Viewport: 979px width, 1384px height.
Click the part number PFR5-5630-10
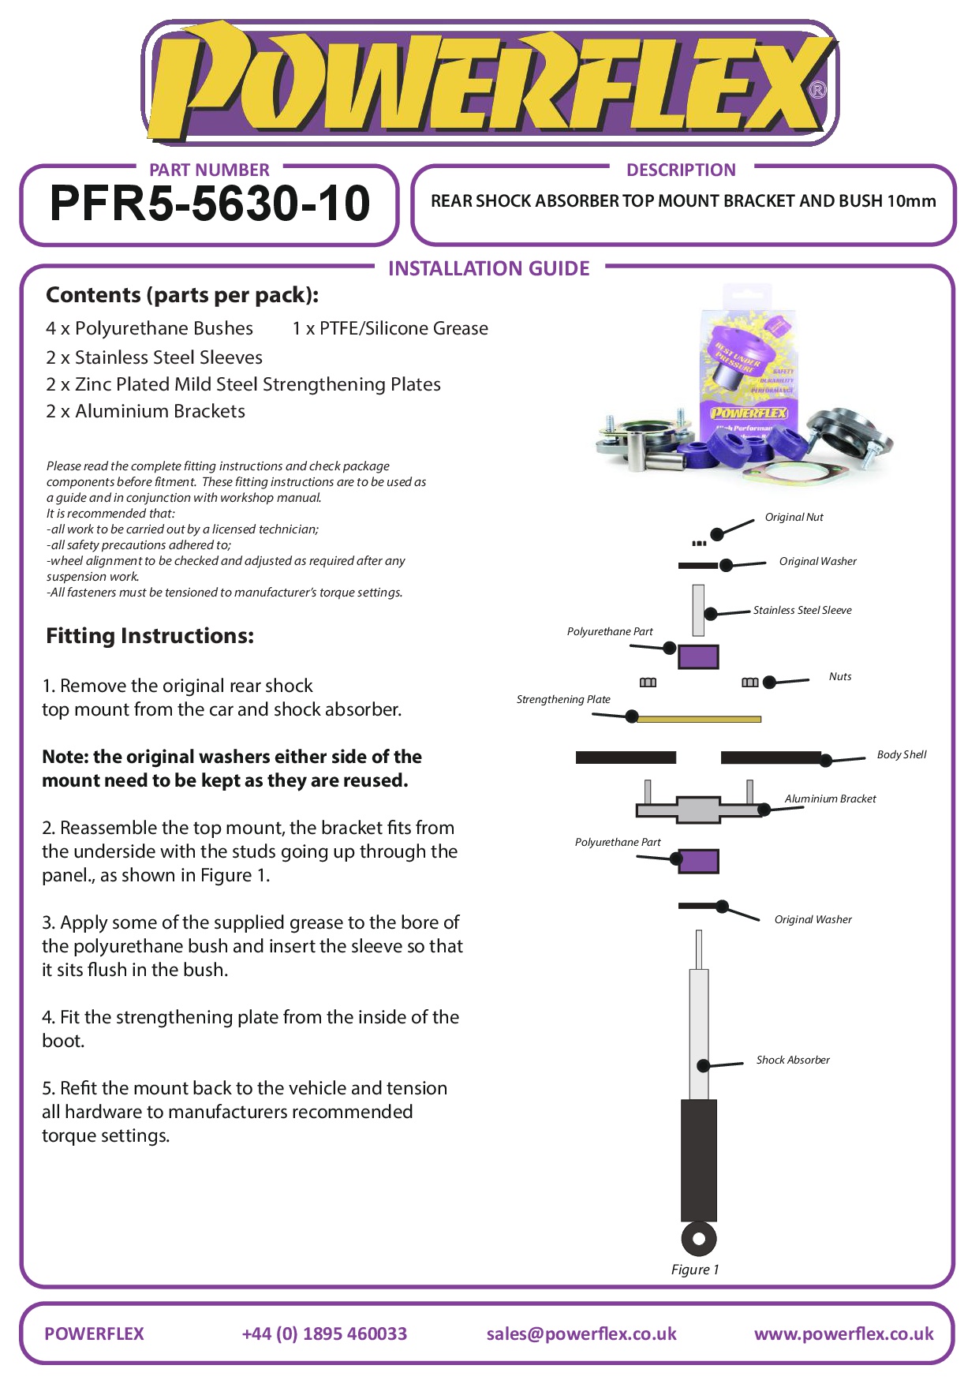point(209,204)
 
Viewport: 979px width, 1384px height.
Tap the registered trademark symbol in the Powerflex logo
point(817,90)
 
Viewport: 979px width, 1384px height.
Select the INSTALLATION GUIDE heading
point(488,269)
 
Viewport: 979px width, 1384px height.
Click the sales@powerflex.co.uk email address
point(581,1334)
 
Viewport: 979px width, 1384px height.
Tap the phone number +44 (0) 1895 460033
point(324,1334)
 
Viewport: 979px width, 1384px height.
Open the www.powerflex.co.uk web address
point(843,1334)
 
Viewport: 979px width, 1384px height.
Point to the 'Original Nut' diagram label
point(794,518)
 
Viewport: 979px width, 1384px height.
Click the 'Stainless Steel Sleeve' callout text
point(802,610)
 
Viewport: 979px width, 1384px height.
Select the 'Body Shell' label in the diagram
point(902,754)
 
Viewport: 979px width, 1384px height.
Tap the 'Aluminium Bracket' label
point(830,799)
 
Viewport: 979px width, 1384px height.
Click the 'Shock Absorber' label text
point(793,1060)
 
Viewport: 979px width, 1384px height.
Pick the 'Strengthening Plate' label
point(563,699)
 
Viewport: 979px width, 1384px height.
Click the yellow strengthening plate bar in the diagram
point(698,719)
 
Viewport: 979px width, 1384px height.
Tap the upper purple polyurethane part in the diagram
point(698,656)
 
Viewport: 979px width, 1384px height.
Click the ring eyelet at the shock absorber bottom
point(698,1239)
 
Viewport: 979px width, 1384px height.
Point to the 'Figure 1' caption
point(695,1270)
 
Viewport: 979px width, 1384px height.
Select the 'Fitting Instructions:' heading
point(150,636)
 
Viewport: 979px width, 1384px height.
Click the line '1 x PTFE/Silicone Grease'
point(390,328)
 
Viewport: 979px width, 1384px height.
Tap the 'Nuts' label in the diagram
point(840,676)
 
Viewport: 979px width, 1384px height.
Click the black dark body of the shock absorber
point(698,1160)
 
